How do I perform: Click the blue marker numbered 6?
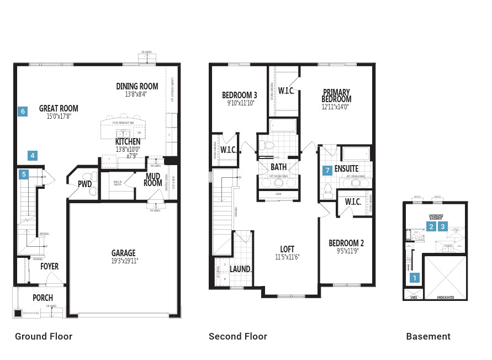(23, 112)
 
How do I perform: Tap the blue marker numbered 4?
(33, 156)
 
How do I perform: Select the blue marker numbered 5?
(23, 174)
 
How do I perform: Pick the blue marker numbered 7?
(327, 171)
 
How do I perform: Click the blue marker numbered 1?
(415, 278)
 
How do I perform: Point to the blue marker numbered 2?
(431, 226)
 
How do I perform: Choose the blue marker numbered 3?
(442, 226)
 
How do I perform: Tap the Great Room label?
(59, 109)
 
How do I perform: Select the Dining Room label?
(137, 86)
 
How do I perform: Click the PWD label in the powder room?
(84, 184)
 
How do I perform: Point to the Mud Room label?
(154, 179)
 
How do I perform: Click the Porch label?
(43, 298)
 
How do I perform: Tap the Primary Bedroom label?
(337, 96)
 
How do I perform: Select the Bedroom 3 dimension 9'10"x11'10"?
(240, 102)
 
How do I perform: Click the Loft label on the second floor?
(287, 249)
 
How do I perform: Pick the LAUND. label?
(241, 269)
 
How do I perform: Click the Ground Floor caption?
(44, 336)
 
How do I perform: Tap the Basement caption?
(428, 336)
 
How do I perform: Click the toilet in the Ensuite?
(327, 190)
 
